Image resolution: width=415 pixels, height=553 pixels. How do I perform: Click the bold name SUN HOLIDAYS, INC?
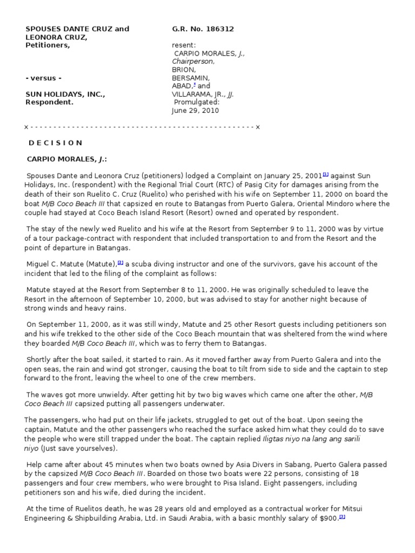pos(65,94)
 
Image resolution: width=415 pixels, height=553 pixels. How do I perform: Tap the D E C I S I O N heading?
pos(55,143)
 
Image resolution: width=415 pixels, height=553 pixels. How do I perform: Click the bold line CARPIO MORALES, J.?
pos(67,159)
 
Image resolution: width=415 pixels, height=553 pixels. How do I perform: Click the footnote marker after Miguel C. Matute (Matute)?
pos(121,262)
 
